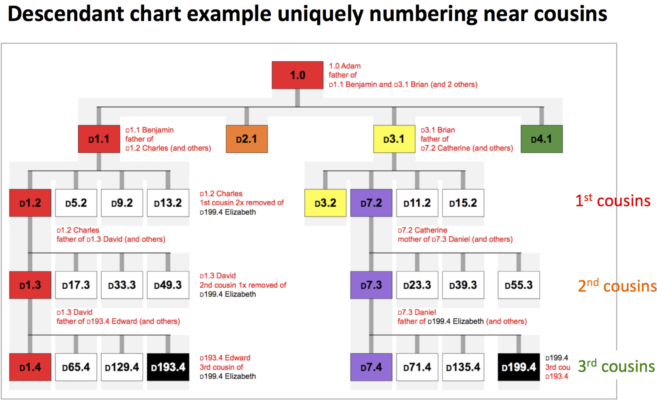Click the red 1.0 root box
298,75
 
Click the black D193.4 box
168,367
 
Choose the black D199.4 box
519,367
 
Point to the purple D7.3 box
371,285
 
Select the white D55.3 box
519,285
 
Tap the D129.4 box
122,367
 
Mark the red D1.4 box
30,367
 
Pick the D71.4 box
417,367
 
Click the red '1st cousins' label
613,200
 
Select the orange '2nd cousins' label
617,285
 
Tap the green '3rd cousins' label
616,366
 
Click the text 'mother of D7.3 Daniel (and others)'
455,239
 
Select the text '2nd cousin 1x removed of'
243,285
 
